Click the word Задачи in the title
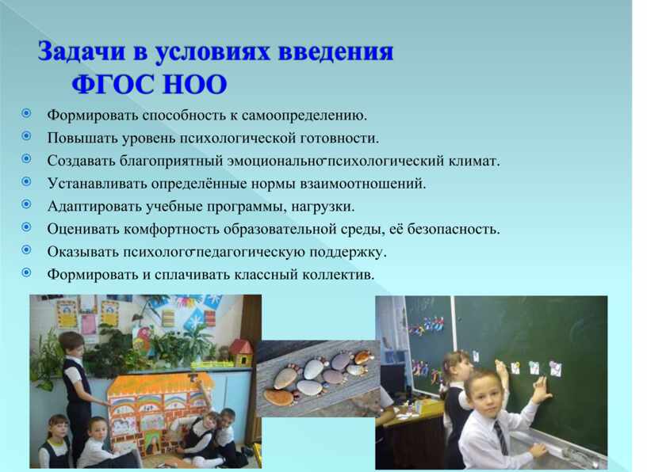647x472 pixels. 82,52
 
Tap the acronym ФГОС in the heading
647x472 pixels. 113,85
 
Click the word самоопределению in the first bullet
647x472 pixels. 304,116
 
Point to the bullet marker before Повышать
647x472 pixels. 26,135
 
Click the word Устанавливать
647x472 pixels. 97,183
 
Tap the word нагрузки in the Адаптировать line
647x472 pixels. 323,206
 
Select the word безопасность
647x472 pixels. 454,229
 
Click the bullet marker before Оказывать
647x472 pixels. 26,249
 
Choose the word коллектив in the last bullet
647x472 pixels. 338,274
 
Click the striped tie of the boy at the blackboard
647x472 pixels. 500,437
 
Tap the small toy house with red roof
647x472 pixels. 240,352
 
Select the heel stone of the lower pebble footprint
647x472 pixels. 278,397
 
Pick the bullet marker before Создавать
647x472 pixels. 26,158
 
